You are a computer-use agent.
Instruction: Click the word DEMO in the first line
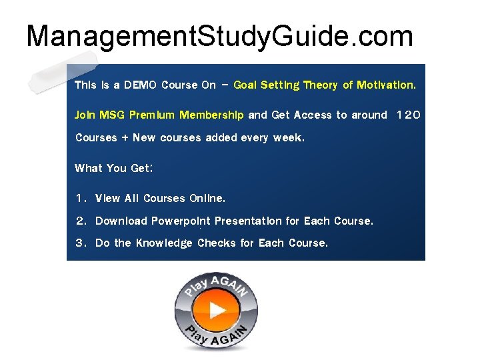[x=141, y=85]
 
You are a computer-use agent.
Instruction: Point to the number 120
[x=408, y=115]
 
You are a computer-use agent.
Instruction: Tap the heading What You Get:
[x=114, y=169]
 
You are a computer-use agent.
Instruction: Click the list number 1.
[x=79, y=199]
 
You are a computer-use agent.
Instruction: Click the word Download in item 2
[x=121, y=221]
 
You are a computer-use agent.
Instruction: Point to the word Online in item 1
[x=207, y=199]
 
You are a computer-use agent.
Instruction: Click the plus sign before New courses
[x=124, y=139]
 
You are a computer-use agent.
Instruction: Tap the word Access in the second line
[x=312, y=115]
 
